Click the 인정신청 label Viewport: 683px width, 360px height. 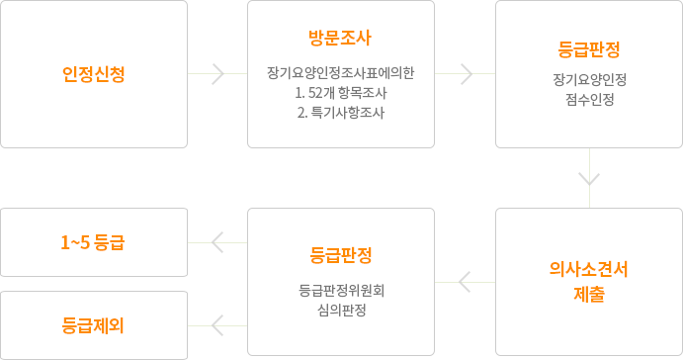[x=93, y=73]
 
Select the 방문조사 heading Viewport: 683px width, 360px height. [x=340, y=40]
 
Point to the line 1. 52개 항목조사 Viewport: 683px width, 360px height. [x=340, y=93]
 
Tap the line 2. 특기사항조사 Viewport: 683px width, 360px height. [x=340, y=113]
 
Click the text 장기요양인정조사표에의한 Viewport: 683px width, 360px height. [x=340, y=73]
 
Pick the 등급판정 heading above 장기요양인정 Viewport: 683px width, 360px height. [x=589, y=47]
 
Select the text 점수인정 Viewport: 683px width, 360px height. [x=589, y=99]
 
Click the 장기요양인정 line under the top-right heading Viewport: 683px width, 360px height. [x=589, y=79]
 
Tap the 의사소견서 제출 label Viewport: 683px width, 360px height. [x=589, y=281]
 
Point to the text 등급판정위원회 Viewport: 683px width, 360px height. [x=340, y=291]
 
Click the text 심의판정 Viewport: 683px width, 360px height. [x=340, y=311]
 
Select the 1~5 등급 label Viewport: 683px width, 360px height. [x=93, y=241]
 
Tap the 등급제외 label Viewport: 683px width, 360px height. [x=93, y=324]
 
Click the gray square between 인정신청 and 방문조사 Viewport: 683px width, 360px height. [x=217, y=74]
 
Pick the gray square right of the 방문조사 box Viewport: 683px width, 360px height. [x=466, y=74]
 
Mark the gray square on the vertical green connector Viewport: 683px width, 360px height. [x=589, y=178]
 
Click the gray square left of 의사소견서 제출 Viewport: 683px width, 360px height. [x=466, y=282]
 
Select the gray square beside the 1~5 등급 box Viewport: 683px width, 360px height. [x=217, y=241]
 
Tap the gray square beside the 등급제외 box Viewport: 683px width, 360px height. [x=217, y=324]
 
